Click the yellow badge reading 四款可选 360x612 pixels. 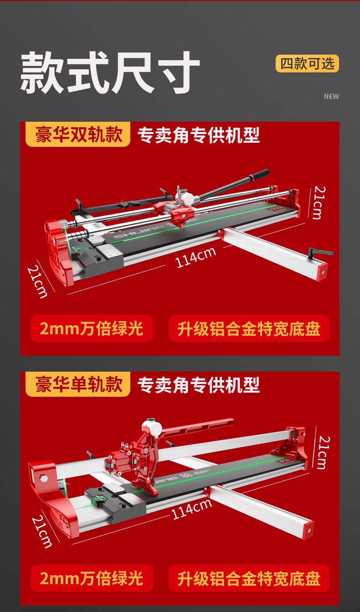point(307,64)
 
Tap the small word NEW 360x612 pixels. point(331,96)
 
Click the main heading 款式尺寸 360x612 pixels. point(110,73)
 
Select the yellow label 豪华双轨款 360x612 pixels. point(78,135)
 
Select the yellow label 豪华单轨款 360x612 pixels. point(78,384)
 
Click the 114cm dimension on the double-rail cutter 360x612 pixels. point(195,257)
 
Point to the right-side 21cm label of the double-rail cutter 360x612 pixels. point(319,202)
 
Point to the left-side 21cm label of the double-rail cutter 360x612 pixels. point(37,282)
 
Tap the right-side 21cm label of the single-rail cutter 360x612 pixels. point(324,453)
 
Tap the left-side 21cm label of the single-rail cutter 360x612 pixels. point(42,531)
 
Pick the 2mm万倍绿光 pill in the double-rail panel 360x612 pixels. point(92,328)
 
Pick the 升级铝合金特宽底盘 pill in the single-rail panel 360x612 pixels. point(249,578)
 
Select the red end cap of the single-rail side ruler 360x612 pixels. point(308,530)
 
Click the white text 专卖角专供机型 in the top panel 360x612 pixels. point(198,135)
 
